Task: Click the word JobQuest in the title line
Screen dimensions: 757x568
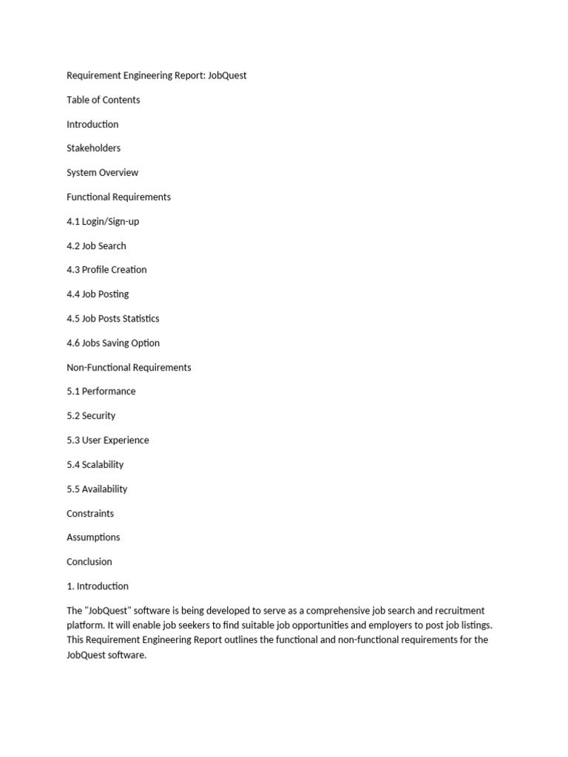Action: click(227, 75)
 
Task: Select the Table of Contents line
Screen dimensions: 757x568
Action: click(103, 100)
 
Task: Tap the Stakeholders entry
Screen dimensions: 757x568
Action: click(93, 148)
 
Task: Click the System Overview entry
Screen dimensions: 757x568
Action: click(102, 172)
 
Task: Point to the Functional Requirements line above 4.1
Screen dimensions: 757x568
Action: click(118, 197)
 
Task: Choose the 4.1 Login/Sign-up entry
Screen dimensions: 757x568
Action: click(103, 221)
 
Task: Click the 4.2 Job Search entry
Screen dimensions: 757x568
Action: click(96, 245)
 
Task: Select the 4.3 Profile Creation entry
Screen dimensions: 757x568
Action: click(106, 270)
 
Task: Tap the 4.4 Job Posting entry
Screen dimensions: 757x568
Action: click(98, 294)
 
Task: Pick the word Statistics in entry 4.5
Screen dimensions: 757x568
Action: click(141, 319)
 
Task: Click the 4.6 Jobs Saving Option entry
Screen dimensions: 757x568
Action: click(113, 343)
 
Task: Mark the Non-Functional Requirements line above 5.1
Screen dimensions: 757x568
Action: click(129, 367)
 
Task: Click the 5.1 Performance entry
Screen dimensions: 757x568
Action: click(101, 391)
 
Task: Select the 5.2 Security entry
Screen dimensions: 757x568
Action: click(91, 415)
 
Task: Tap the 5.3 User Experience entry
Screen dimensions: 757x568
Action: click(108, 440)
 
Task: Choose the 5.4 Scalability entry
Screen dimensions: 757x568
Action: click(95, 464)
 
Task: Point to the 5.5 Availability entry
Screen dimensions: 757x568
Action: click(97, 489)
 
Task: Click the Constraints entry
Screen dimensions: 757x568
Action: click(90, 513)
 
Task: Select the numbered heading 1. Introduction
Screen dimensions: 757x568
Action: click(98, 586)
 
